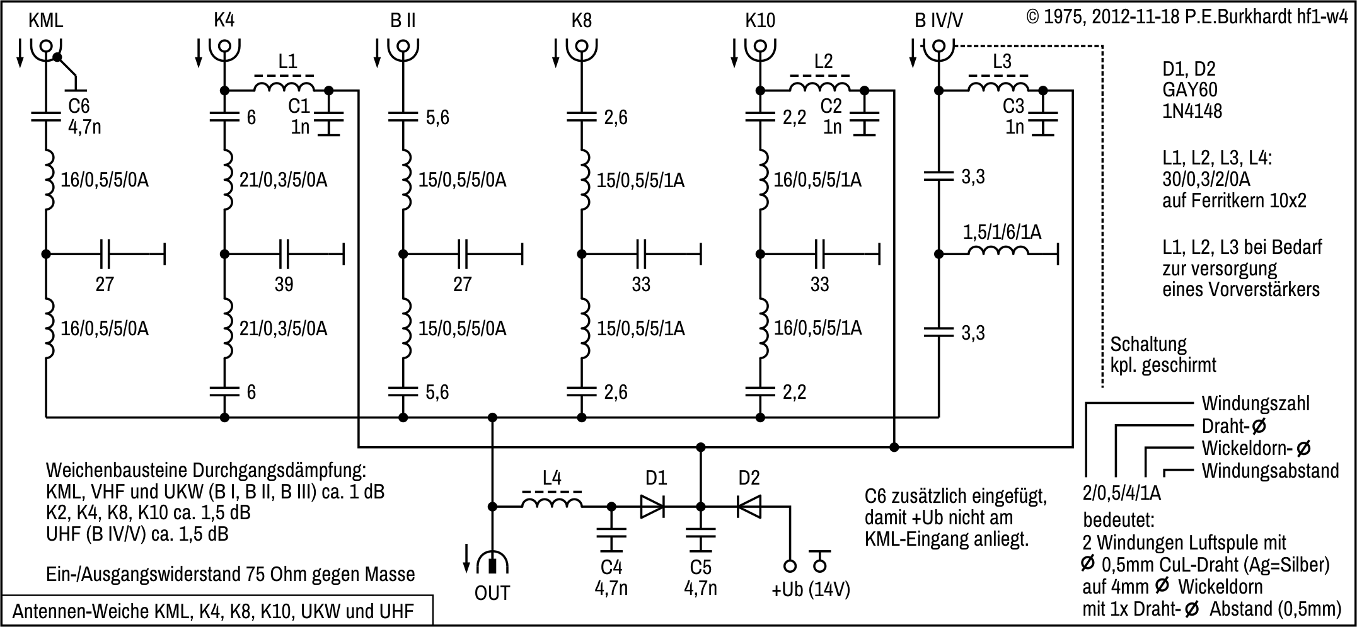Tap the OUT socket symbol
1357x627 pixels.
492,563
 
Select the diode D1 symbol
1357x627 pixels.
652,506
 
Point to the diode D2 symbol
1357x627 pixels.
749,506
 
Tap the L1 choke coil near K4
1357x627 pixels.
284,87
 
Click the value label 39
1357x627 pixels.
284,284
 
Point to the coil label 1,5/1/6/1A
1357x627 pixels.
1002,233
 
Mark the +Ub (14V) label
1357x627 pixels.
811,590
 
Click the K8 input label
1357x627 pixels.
581,20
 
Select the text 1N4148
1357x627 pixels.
1192,112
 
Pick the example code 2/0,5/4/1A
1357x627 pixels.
1121,493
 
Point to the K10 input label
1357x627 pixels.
760,20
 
